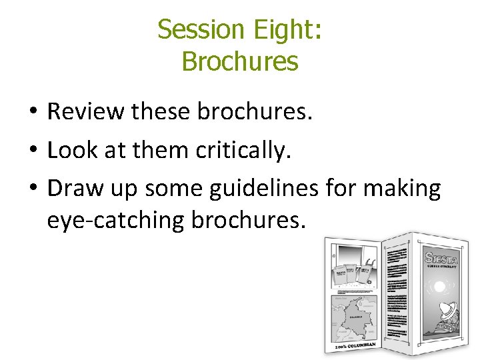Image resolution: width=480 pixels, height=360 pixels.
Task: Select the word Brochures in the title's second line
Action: click(x=239, y=62)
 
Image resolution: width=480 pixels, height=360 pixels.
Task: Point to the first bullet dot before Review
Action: click(x=33, y=112)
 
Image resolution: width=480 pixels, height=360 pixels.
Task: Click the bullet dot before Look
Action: click(x=33, y=151)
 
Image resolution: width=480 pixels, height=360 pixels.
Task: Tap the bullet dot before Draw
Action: click(x=33, y=189)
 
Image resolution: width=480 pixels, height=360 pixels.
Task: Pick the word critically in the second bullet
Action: click(x=244, y=151)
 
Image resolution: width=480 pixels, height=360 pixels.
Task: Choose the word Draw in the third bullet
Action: click(x=72, y=189)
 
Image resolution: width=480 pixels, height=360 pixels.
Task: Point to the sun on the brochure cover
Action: click(x=440, y=287)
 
